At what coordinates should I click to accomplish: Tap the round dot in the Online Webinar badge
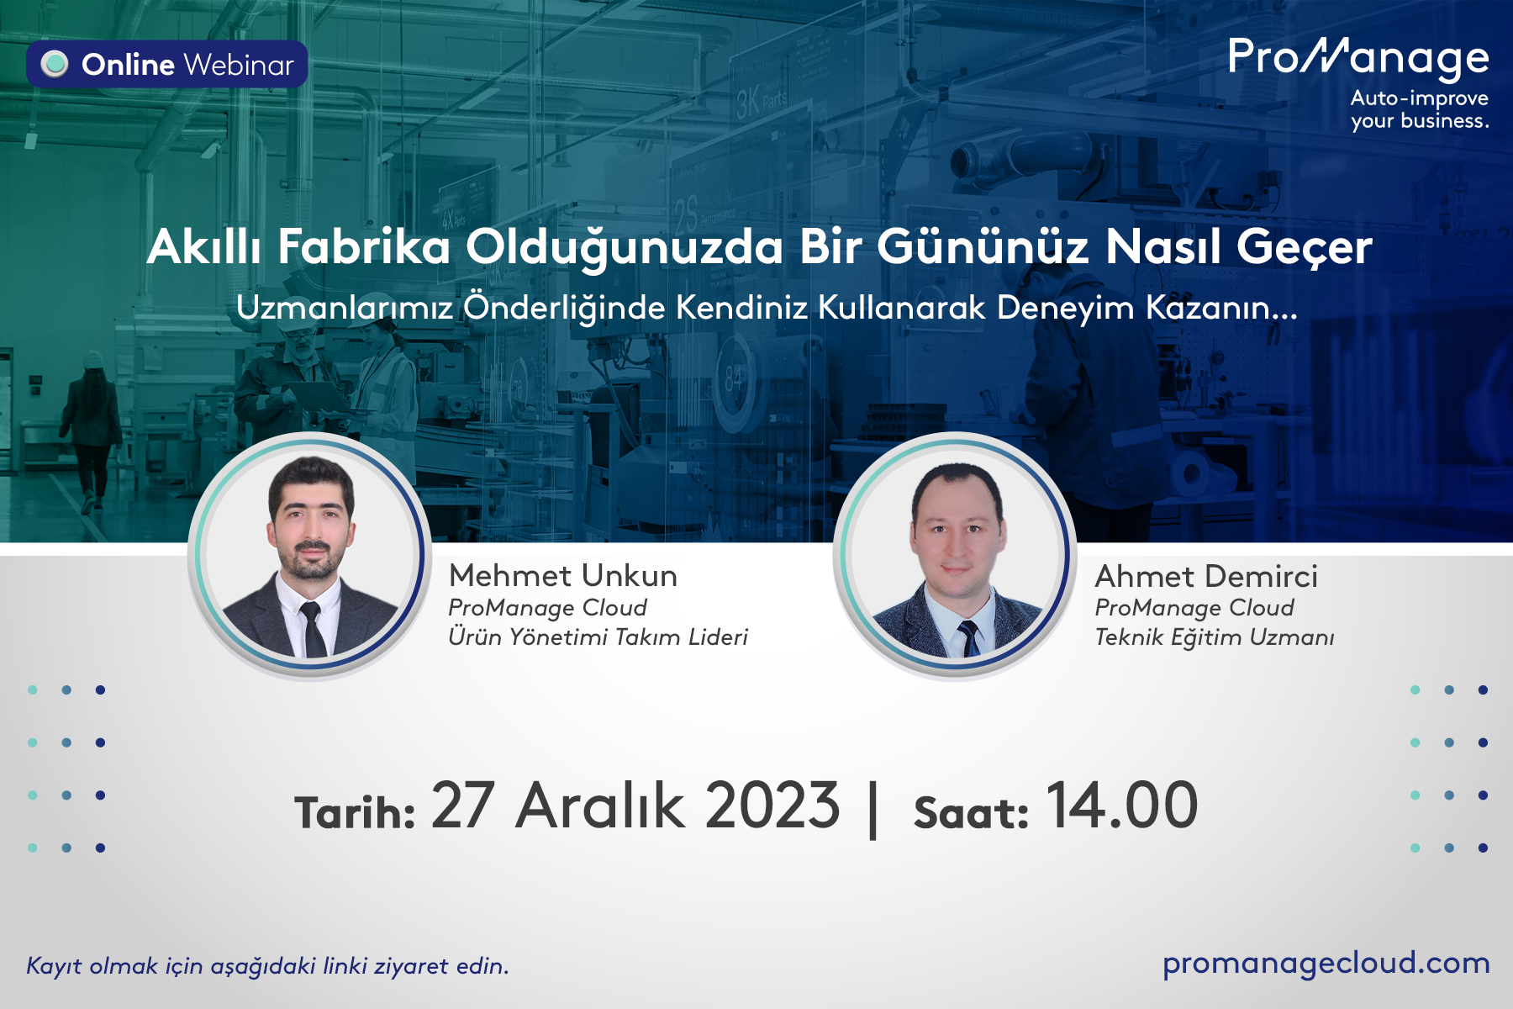point(55,64)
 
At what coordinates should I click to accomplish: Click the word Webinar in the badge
point(240,65)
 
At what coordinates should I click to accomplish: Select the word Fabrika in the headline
point(364,247)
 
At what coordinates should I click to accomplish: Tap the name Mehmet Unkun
point(563,576)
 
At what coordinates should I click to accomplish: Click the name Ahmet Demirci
point(1206,577)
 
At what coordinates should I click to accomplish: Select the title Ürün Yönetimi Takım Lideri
point(598,637)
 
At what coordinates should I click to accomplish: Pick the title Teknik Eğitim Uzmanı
point(1215,637)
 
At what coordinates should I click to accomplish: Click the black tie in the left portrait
point(313,629)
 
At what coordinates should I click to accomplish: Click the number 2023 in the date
point(772,806)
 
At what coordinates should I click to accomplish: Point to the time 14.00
point(1122,806)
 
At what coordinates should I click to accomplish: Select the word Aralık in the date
point(600,806)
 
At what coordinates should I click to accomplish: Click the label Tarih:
point(355,812)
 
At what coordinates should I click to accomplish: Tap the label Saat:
point(971,812)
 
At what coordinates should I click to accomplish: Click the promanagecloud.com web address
point(1326,964)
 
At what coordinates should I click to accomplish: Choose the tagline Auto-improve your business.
point(1420,109)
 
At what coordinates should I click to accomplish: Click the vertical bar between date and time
point(873,809)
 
